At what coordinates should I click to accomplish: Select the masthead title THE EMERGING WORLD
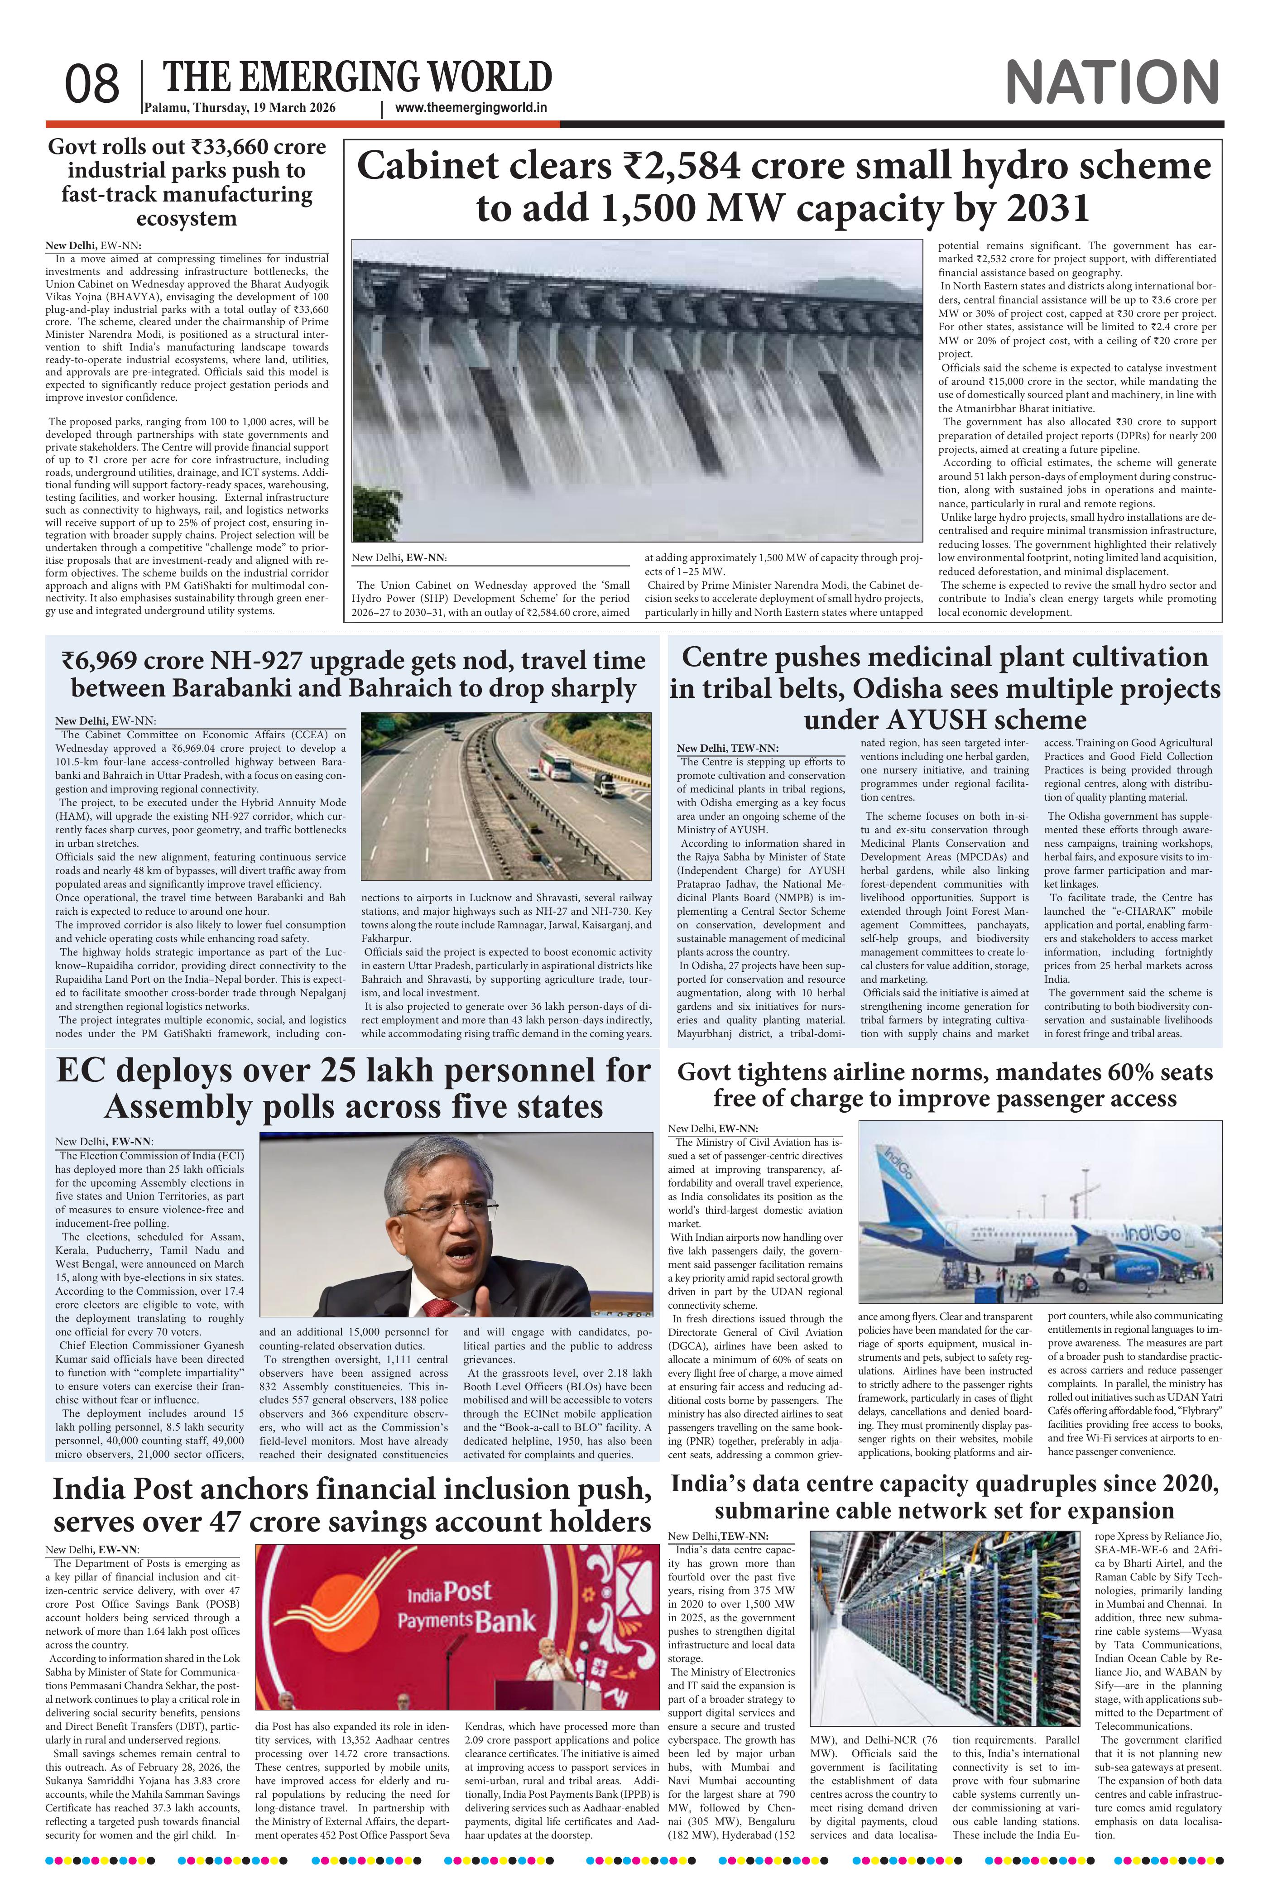[x=357, y=77]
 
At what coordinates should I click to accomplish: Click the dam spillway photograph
[x=637, y=390]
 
